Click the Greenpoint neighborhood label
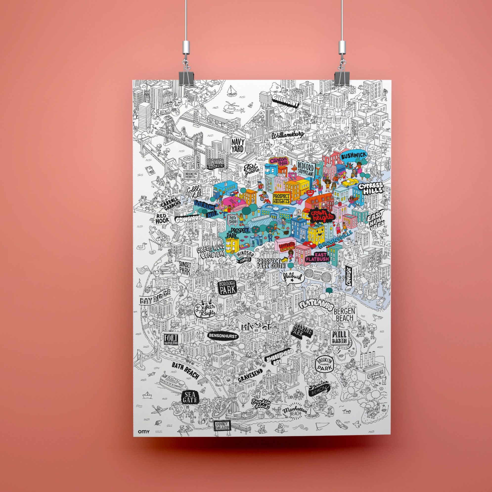point(285,101)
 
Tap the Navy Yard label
point(238,146)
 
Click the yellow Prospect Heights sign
point(281,199)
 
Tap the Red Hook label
point(162,219)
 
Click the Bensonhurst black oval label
point(223,336)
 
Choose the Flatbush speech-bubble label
point(291,276)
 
